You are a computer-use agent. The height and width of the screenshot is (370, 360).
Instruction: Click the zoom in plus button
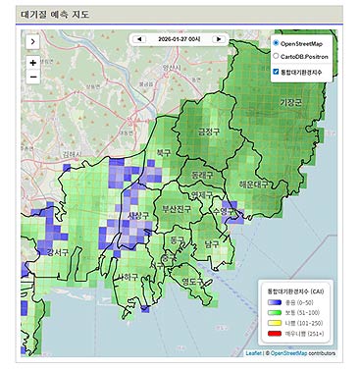tap(33, 63)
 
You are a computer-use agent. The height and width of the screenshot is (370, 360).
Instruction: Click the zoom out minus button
tap(33, 77)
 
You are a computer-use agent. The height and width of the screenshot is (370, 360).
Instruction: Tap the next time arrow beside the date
tap(218, 39)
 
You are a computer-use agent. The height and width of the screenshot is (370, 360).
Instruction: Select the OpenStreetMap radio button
tap(276, 44)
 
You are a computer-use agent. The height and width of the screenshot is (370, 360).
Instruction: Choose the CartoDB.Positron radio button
tap(276, 57)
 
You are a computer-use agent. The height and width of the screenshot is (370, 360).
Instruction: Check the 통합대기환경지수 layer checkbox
tap(276, 72)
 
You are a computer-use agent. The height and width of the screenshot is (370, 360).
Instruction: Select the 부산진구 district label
tap(178, 209)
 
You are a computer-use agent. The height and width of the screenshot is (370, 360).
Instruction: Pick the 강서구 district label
tap(57, 253)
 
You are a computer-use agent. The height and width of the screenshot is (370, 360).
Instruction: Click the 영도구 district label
tap(193, 283)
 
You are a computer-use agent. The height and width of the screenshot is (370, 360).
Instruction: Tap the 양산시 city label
tap(174, 68)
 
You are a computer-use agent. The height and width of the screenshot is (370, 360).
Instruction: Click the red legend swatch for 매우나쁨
tap(278, 331)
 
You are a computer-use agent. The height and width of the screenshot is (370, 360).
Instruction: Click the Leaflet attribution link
tap(253, 350)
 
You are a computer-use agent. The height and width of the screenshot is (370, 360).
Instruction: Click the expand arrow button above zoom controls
tap(33, 42)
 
